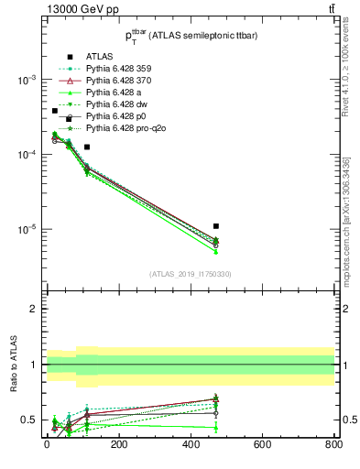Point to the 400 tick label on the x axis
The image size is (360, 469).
(191, 445)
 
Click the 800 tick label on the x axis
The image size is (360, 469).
(333, 445)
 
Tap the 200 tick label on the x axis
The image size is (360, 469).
(118, 445)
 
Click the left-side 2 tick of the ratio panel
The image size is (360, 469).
(34, 309)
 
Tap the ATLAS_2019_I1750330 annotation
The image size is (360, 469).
(191, 274)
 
